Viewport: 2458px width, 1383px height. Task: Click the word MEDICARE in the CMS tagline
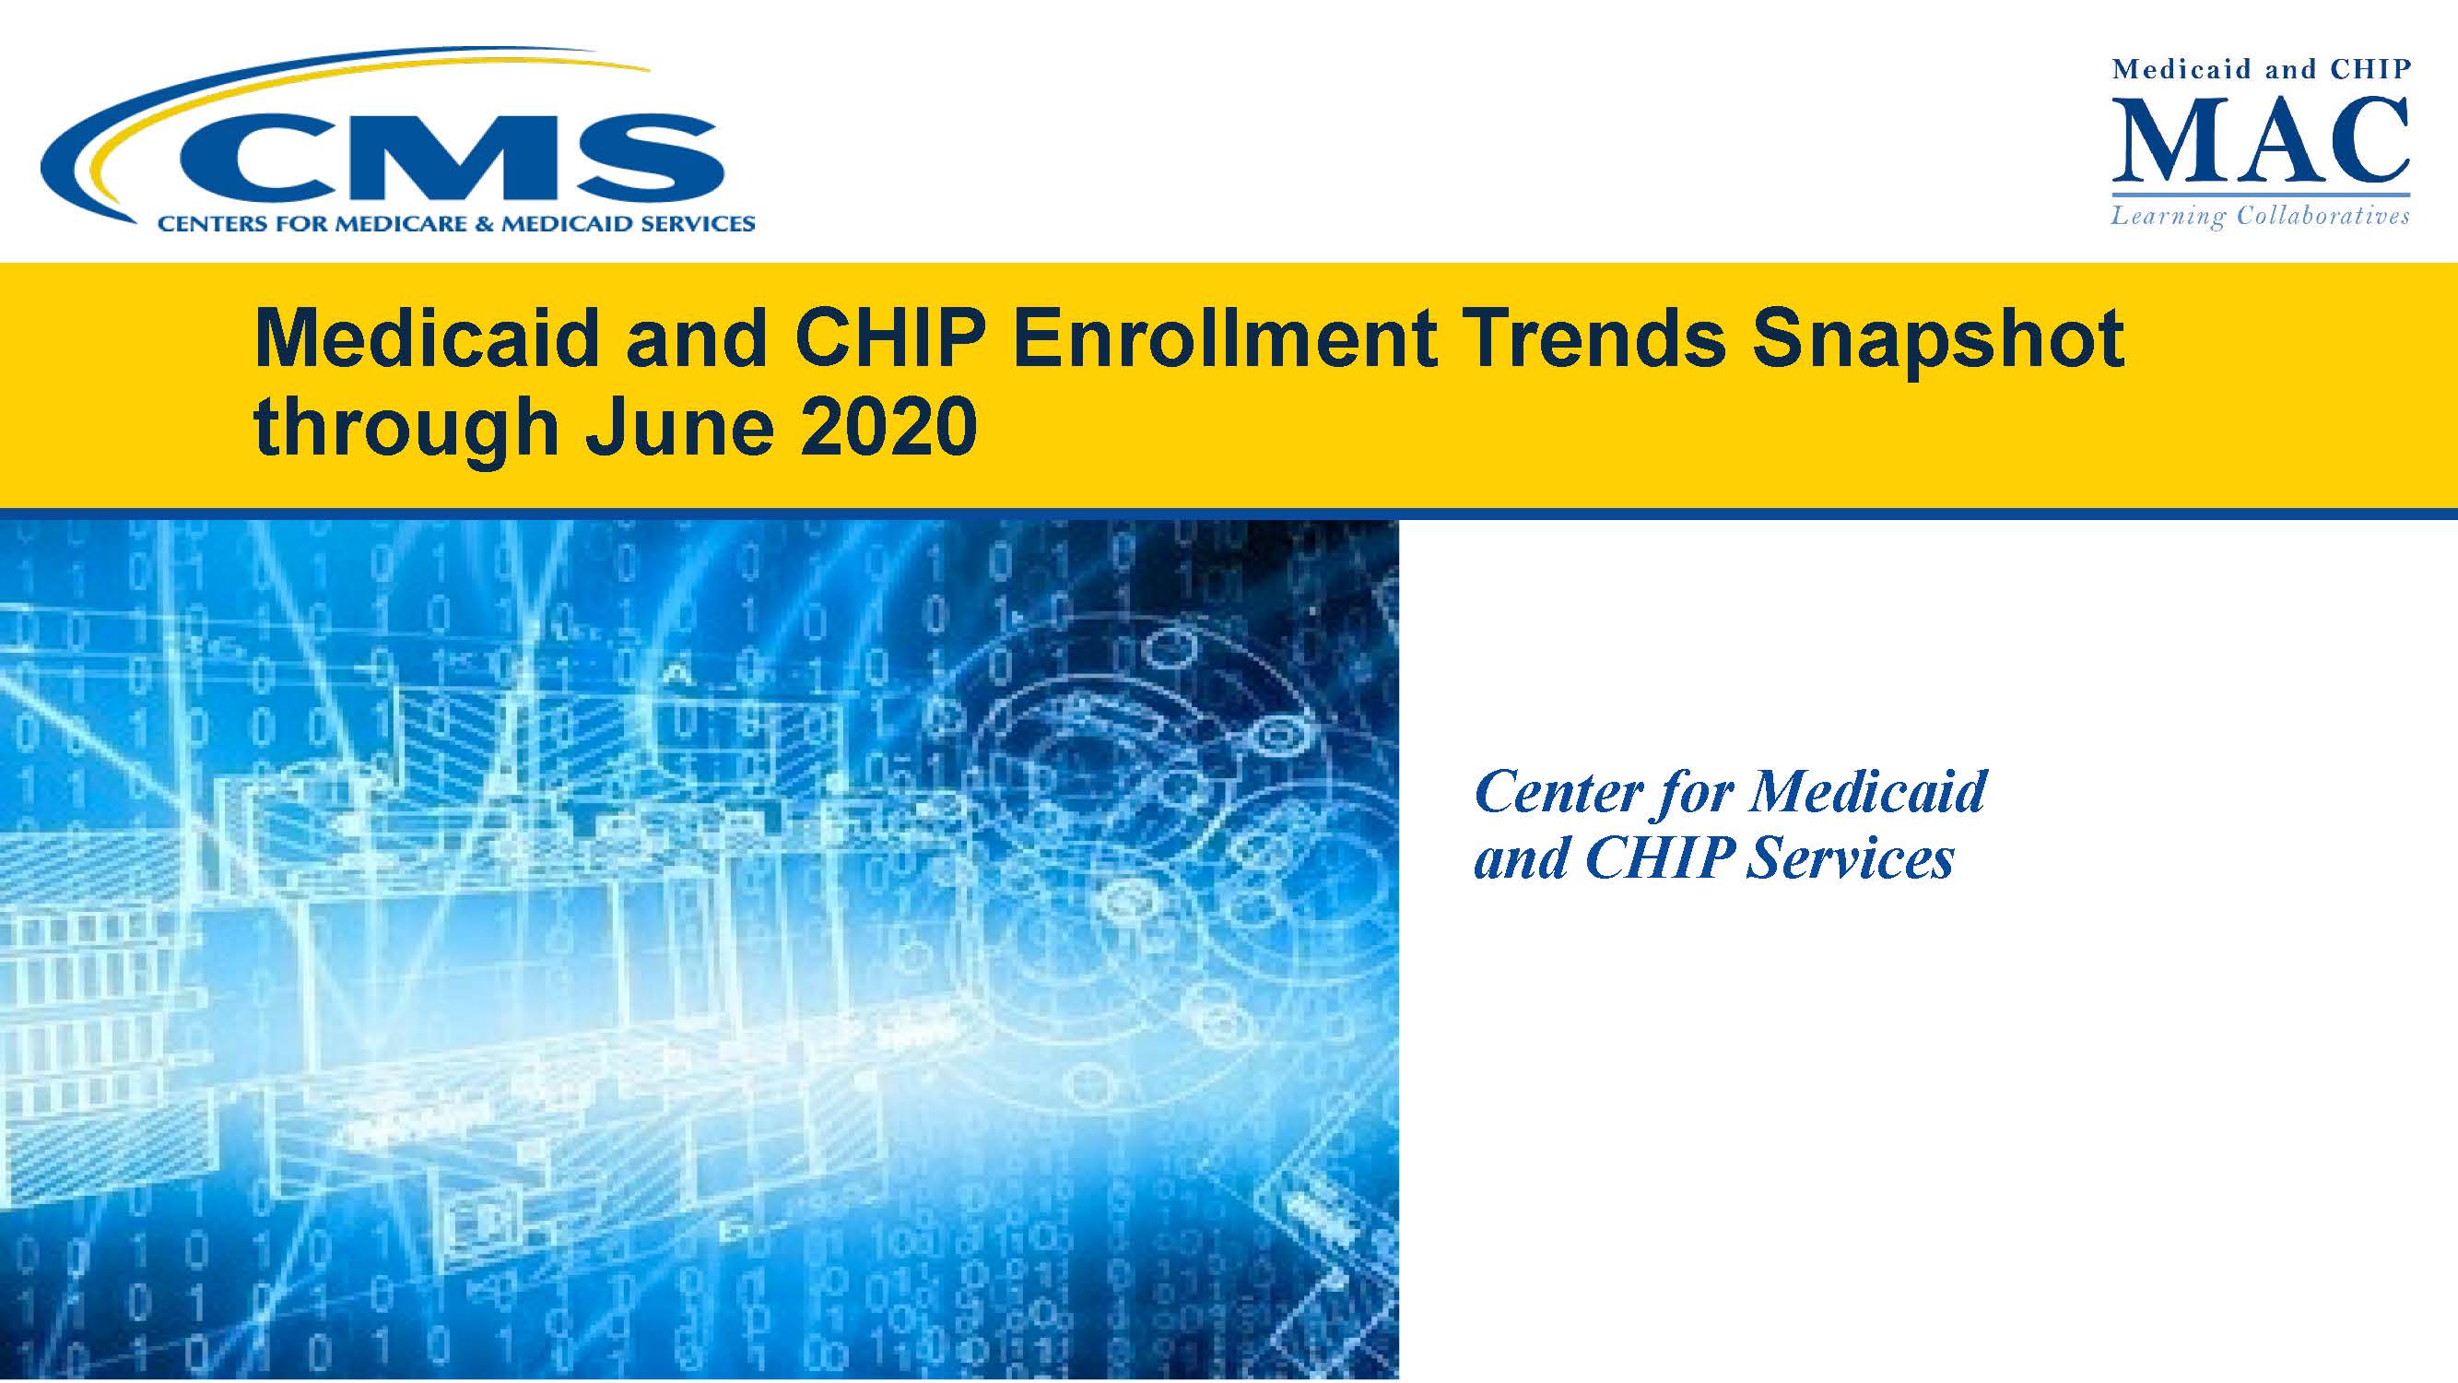click(x=366, y=224)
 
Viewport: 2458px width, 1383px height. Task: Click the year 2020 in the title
click(x=889, y=427)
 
